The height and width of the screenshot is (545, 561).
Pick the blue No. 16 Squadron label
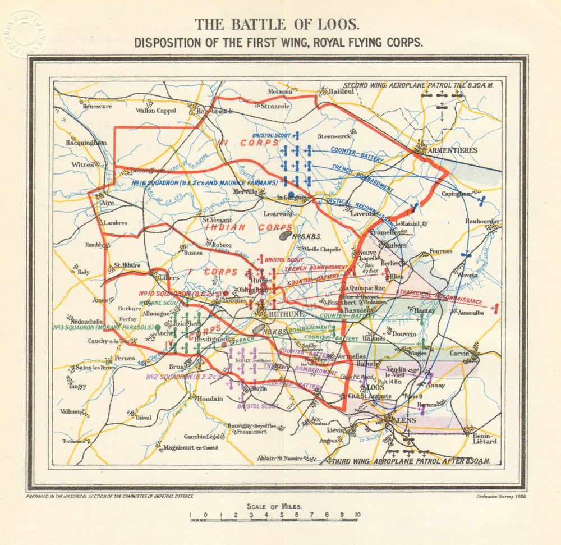[205, 183]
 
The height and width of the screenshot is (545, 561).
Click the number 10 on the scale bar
[357, 515]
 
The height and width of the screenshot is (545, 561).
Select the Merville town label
[245, 191]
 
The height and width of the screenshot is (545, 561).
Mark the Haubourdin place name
[481, 221]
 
